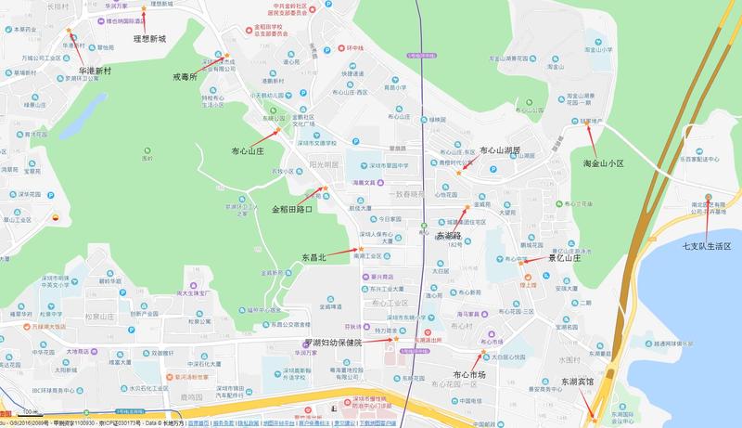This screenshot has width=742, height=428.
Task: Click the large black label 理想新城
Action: point(149,39)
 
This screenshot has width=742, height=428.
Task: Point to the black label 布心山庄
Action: point(248,149)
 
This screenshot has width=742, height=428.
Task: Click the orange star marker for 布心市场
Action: point(483,352)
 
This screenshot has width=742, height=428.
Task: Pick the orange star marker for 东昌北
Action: point(360,249)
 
